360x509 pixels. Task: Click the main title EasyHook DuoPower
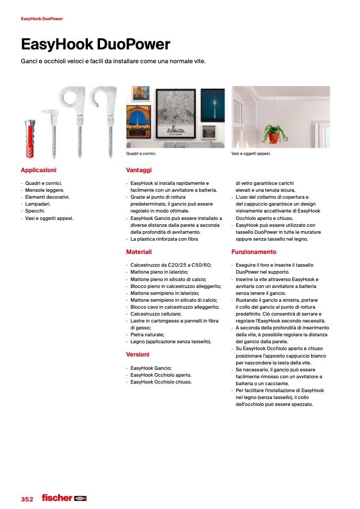tap(95, 44)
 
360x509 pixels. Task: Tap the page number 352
tap(27, 499)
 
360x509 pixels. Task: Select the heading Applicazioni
tap(38, 170)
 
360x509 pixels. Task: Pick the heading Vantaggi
tap(139, 170)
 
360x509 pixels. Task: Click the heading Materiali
tap(139, 252)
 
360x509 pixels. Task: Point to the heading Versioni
tap(138, 354)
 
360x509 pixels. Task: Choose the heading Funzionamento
tap(254, 252)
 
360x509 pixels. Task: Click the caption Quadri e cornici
tap(141, 154)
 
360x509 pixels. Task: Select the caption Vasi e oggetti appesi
tap(251, 154)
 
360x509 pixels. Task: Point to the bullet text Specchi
tap(35, 211)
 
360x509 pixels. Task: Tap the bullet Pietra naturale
tap(147, 335)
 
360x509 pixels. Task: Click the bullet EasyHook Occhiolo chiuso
tap(161, 382)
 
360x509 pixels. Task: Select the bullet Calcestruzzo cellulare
tap(156, 314)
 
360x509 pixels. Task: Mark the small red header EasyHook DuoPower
tap(42, 19)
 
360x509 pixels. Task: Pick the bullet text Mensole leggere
tap(45, 190)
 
